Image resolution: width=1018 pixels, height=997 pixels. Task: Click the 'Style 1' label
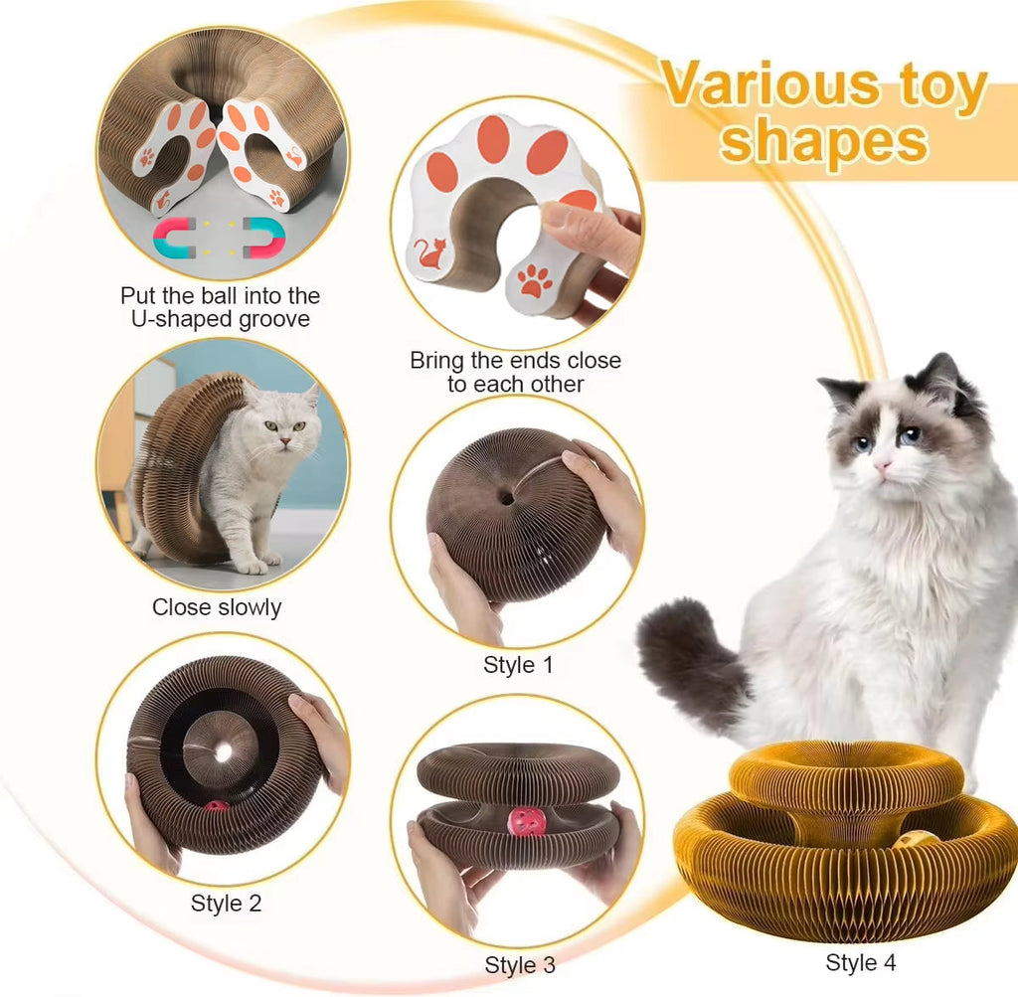[517, 665]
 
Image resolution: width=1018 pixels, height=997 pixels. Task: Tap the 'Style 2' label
[226, 904]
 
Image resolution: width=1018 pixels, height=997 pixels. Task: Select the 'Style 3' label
[520, 964]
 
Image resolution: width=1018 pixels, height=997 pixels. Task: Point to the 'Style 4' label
[861, 962]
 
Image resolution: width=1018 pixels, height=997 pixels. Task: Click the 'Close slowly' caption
[217, 606]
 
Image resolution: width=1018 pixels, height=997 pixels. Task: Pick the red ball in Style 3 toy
[525, 821]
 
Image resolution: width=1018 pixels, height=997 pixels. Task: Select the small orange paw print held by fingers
[535, 281]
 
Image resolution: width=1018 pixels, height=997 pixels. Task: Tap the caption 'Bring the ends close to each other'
[515, 372]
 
